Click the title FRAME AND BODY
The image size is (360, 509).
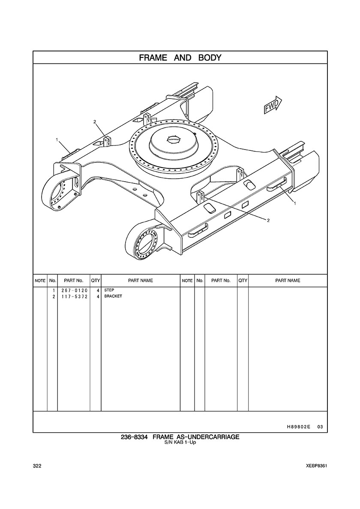coord(180,58)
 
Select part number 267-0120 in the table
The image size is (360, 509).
coord(74,290)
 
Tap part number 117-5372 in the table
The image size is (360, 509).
coord(74,296)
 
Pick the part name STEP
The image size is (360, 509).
coord(109,290)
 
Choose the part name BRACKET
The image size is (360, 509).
coord(113,296)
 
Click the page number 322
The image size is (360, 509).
coord(37,466)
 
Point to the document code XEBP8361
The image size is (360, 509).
coord(316,466)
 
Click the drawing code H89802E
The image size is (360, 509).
coord(296,427)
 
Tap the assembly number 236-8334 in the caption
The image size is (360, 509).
coord(134,437)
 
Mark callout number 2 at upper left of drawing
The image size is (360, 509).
coord(95,122)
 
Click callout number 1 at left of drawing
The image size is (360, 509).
coord(57,140)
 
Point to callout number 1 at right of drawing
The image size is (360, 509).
coord(295,204)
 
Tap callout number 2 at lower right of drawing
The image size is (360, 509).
coord(268,220)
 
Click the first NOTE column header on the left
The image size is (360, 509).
coord(40,281)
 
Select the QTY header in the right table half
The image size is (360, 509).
coord(243,281)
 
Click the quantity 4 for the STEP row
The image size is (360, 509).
coord(98,290)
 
